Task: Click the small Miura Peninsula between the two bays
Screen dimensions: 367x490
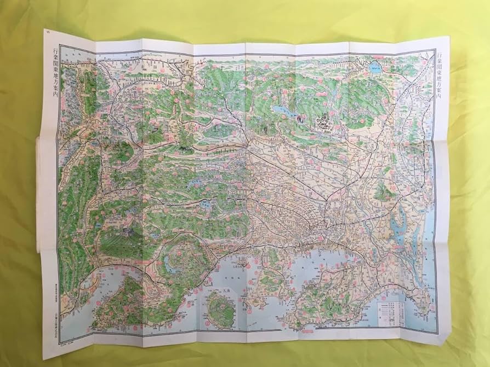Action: pyautogui.click(x=269, y=273)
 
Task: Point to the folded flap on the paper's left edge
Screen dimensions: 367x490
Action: pyautogui.click(x=38, y=191)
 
